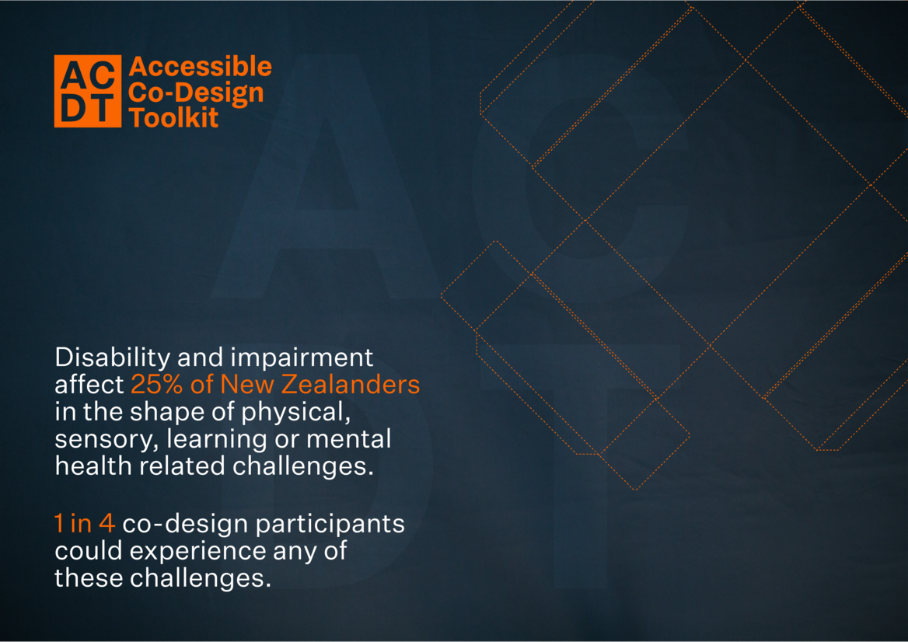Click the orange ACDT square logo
pos(87,91)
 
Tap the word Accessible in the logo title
pos(201,67)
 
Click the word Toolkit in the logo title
pos(173,117)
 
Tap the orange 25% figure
pos(156,385)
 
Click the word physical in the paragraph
pos(296,413)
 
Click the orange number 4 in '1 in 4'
pos(107,524)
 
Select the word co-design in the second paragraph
pos(185,524)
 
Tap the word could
pos(89,551)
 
